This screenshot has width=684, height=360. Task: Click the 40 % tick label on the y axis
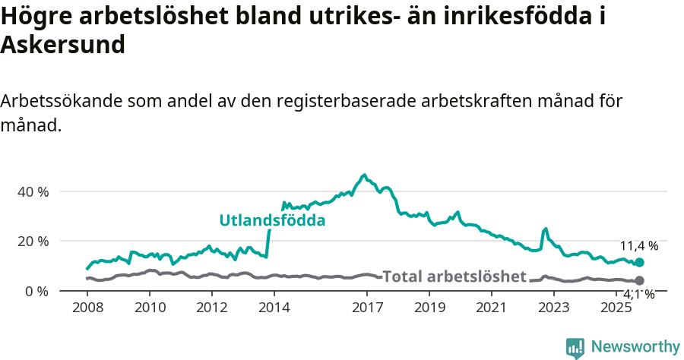pos(33,191)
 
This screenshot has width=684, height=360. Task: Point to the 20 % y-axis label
pos(33,242)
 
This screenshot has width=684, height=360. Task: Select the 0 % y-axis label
pos(36,292)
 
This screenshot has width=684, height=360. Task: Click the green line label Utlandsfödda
pos(272,221)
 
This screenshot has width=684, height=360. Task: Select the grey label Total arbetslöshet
pos(454,276)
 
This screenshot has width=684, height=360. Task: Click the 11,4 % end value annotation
pos(639,246)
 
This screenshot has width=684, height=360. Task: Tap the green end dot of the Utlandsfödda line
pos(639,262)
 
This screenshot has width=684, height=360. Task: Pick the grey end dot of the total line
pos(639,281)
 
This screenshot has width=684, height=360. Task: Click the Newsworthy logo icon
pos(575,347)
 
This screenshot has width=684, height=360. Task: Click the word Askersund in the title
pos(63,46)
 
